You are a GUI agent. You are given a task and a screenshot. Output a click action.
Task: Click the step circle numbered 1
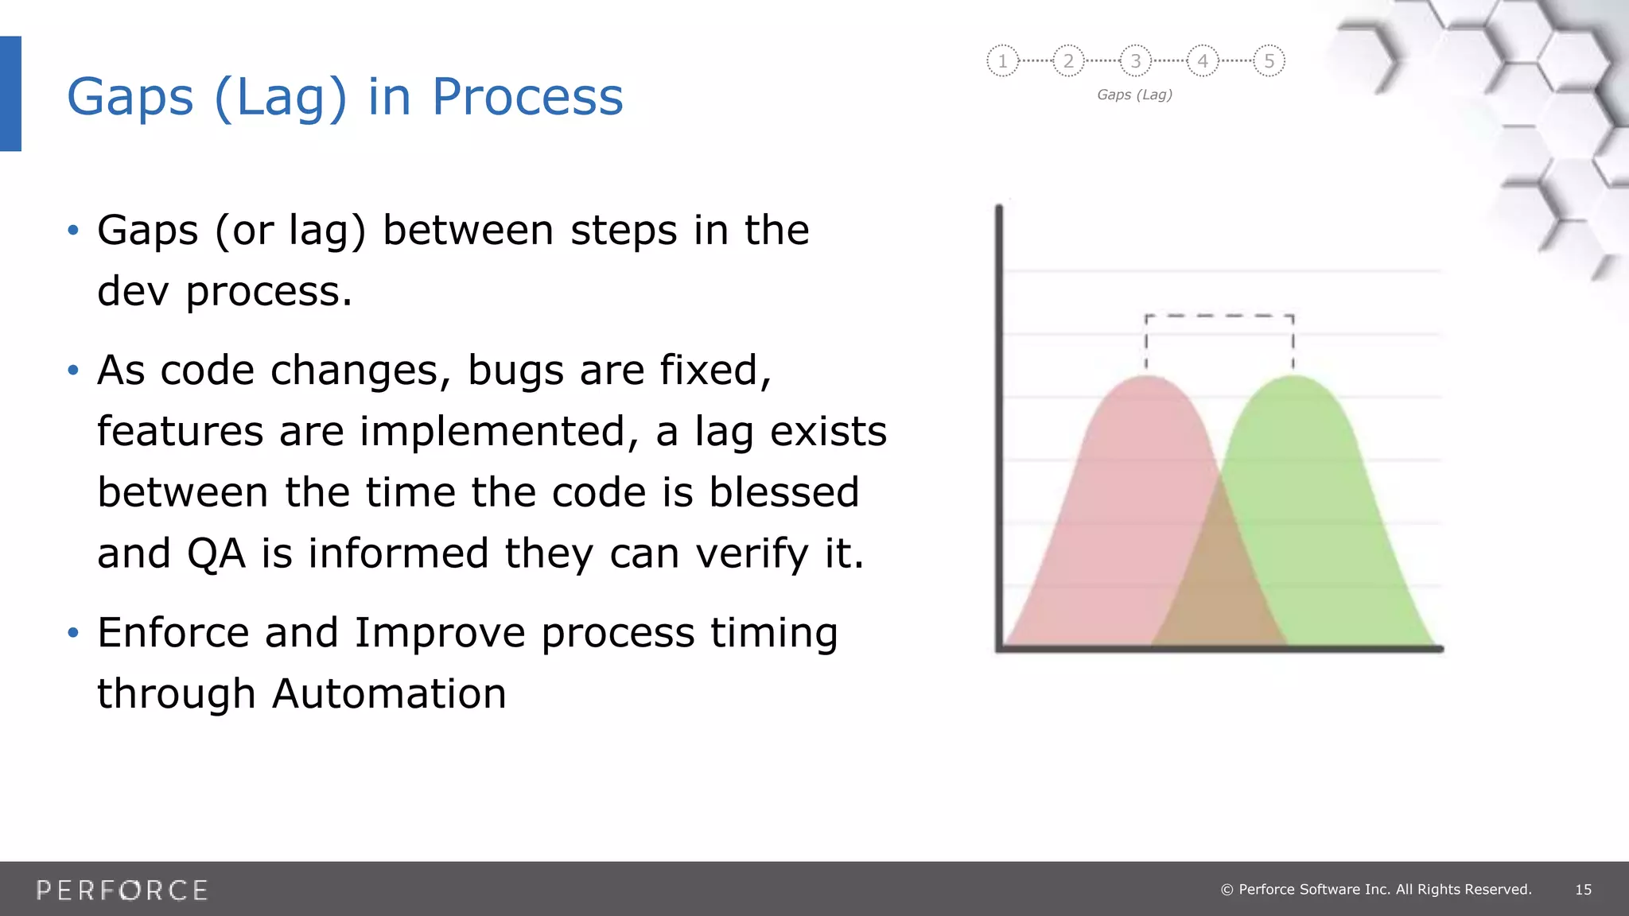pos(1002,60)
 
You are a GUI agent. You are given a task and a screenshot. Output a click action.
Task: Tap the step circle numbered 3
pos(1136,60)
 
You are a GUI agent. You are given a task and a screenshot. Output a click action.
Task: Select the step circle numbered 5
pos(1269,60)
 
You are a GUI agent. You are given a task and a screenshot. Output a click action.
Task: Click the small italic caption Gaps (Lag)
pos(1134,95)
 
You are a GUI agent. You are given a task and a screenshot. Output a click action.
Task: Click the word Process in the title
pos(527,97)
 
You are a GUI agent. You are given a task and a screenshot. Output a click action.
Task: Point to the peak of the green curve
pos(1295,378)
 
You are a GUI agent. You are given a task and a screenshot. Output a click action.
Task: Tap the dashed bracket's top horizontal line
pos(1219,316)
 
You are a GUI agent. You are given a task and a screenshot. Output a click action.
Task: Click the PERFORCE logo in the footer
pos(122,890)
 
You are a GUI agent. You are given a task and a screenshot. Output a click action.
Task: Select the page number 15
pos(1583,890)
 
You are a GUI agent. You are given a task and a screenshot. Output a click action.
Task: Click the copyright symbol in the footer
pos(1227,890)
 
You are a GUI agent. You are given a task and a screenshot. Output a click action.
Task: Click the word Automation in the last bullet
pos(389,693)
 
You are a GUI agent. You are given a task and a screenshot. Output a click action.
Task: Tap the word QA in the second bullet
pos(216,553)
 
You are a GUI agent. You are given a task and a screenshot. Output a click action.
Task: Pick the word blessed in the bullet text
pos(783,492)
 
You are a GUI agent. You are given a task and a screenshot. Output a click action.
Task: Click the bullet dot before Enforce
pos(73,633)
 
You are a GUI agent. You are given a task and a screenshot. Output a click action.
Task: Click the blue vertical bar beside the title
pos(10,94)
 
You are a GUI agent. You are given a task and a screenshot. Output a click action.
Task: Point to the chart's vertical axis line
pos(999,429)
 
